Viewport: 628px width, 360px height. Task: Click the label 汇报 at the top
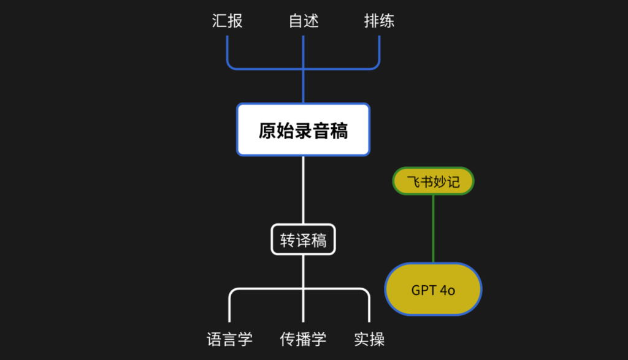click(228, 21)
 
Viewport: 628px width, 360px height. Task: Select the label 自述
click(304, 21)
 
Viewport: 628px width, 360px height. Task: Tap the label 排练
click(380, 21)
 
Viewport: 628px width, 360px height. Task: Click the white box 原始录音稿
click(304, 129)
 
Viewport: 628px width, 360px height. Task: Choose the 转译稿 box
click(304, 240)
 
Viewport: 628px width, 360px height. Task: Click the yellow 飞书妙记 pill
click(433, 182)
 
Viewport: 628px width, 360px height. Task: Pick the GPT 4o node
click(433, 289)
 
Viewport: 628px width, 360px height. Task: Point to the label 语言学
click(229, 339)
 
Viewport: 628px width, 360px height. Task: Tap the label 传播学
click(304, 339)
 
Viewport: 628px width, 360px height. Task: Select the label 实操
click(370, 339)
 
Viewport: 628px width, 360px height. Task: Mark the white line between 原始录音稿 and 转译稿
click(304, 190)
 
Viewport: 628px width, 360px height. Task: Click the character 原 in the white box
click(266, 131)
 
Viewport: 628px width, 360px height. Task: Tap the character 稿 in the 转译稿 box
click(319, 240)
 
